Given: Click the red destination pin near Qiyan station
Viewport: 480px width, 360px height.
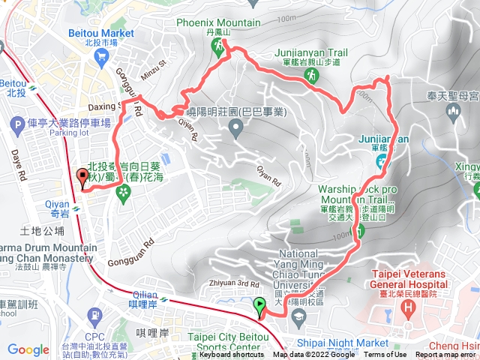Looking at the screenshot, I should pyautogui.click(x=82, y=178).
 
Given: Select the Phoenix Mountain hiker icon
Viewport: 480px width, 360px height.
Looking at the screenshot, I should pyautogui.click(x=219, y=47).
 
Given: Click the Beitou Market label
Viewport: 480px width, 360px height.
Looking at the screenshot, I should pyautogui.click(x=101, y=34).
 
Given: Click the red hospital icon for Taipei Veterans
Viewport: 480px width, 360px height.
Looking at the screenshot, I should pyautogui.click(x=407, y=309).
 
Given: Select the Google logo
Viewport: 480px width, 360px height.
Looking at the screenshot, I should pyautogui.click(x=28, y=349).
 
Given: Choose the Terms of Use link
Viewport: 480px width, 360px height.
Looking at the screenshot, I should pyautogui.click(x=385, y=355).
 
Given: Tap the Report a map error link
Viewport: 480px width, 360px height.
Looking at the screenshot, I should pyautogui.click(x=448, y=355).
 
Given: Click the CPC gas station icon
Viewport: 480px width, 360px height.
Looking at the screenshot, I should pyautogui.click(x=95, y=315).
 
